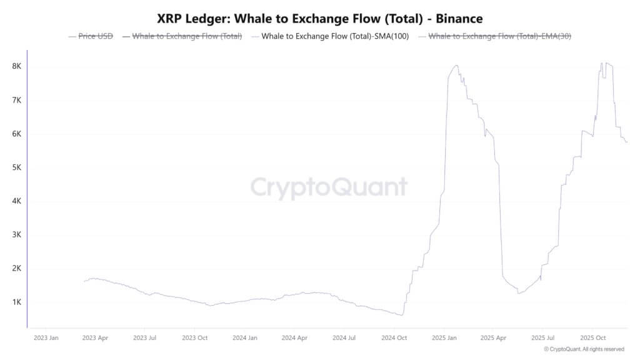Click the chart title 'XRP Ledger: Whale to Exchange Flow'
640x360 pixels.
pos(319,18)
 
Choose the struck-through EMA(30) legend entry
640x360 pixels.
pos(499,36)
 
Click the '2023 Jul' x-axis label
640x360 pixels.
pos(144,337)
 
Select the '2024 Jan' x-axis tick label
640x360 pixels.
pos(244,337)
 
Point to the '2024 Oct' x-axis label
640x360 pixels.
pos(394,337)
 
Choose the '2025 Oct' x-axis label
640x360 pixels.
pos(592,337)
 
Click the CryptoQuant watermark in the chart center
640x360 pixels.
pos(329,187)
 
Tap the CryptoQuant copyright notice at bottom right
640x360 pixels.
pos(584,349)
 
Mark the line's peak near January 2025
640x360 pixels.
pos(456,65)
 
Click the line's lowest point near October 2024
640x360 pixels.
pos(401,315)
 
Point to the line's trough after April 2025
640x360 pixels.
pos(518,293)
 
